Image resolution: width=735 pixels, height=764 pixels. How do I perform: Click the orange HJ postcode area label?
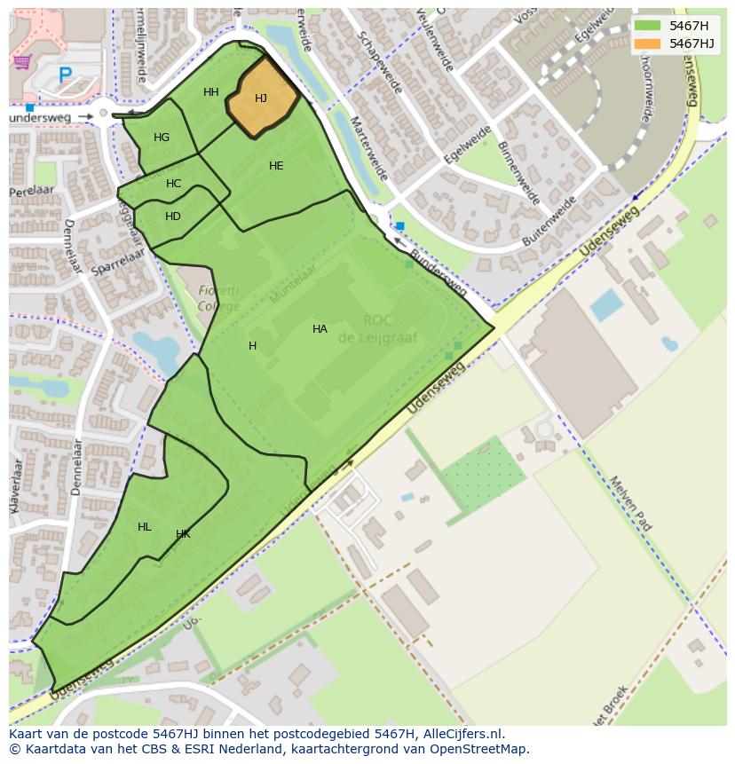[x=261, y=98]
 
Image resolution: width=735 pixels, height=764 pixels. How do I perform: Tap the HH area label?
[x=211, y=92]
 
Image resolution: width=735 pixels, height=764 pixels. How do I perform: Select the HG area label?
[x=162, y=138]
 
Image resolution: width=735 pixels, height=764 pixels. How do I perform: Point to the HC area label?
[x=174, y=184]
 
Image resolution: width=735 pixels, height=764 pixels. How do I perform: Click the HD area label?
[x=173, y=217]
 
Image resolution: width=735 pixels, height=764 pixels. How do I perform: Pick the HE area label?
[x=276, y=166]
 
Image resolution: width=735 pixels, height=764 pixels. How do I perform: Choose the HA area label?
[x=320, y=329]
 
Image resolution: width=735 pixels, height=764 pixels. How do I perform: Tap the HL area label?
[x=145, y=527]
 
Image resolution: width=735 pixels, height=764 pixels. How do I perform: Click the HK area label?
[x=183, y=534]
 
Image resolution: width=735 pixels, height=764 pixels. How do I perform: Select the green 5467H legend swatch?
[x=648, y=25]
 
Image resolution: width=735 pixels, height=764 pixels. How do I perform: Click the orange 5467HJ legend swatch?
[x=648, y=43]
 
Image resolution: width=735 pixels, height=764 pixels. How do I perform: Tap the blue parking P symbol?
[x=65, y=76]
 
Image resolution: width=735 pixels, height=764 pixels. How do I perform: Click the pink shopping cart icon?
[x=22, y=62]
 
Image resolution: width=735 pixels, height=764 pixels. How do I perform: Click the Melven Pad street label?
[x=630, y=503]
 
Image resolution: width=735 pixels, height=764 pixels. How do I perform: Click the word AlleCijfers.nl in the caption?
[x=463, y=734]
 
